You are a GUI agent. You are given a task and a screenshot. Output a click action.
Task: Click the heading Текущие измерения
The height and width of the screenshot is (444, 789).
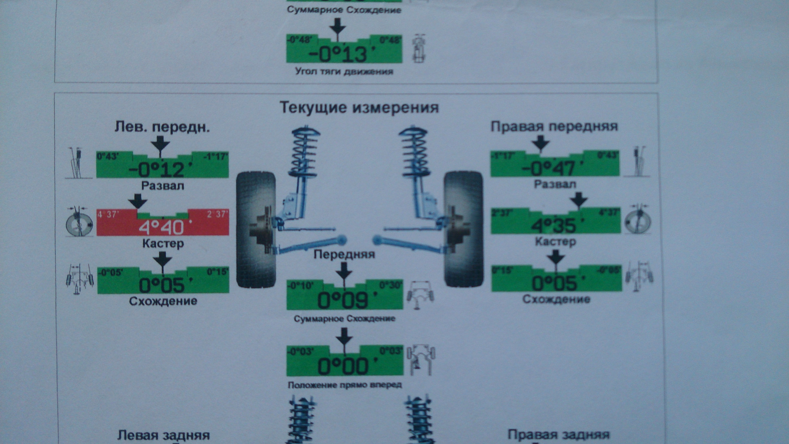(359, 108)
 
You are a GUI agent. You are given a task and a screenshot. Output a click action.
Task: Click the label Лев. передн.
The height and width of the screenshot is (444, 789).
(162, 127)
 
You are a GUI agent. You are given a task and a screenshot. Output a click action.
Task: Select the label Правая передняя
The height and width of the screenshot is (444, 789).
(554, 126)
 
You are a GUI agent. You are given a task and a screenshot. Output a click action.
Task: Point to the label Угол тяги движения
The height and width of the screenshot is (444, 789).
(344, 72)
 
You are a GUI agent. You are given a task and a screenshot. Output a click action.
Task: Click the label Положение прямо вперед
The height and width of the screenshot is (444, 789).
(344, 385)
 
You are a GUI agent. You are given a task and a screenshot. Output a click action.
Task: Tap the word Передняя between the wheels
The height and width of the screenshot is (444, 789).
(344, 254)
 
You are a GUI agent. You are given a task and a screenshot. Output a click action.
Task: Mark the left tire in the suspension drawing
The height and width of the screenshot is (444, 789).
(256, 229)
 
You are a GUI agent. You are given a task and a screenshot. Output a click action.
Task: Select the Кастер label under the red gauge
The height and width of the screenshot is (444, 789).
(163, 243)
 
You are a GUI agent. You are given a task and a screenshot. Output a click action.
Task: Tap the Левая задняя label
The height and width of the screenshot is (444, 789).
(163, 435)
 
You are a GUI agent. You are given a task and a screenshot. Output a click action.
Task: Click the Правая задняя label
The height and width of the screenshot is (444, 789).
(558, 435)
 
